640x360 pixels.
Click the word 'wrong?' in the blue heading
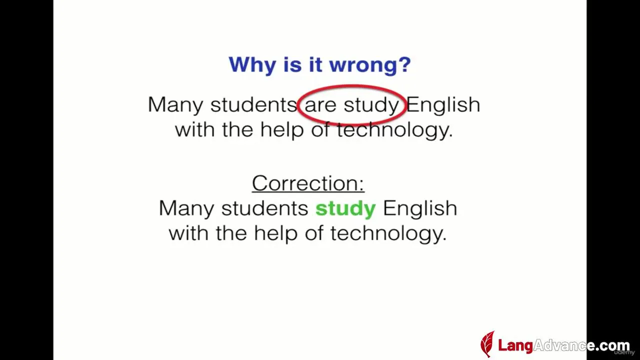370,65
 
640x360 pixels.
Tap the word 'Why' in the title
252,65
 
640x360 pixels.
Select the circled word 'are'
320,105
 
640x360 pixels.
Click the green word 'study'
345,209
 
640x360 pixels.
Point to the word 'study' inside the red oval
371,105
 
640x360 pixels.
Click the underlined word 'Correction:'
308,183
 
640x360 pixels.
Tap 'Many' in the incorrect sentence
175,105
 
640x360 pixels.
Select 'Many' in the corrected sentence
186,208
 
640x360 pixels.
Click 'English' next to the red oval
443,105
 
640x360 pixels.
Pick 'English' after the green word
420,209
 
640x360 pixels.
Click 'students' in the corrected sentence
264,208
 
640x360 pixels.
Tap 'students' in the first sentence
253,104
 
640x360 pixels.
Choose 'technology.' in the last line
388,233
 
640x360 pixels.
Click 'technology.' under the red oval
395,130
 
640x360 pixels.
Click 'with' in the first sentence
194,129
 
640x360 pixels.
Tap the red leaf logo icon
487,344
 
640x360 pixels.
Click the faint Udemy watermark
624,353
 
